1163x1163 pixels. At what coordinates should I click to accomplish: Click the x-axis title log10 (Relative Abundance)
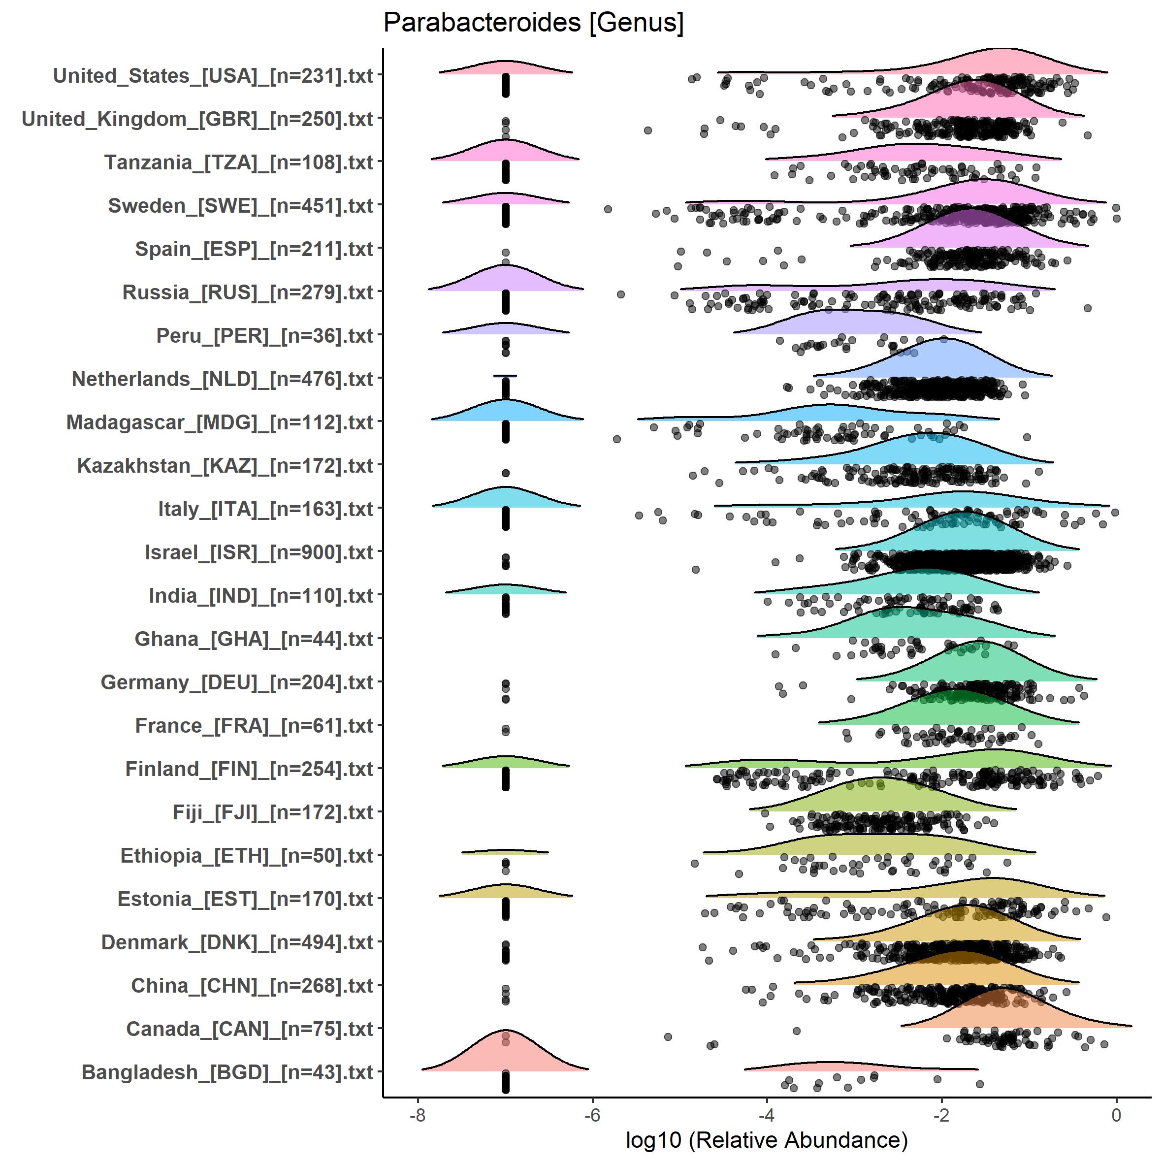[766, 1139]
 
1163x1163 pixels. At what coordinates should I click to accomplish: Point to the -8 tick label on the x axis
[417, 1115]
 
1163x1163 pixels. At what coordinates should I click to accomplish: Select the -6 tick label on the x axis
[592, 1115]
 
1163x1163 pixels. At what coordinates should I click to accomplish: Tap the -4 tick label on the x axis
[766, 1115]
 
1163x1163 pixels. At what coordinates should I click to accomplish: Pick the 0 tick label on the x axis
[1116, 1115]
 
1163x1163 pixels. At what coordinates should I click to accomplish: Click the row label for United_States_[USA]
[213, 76]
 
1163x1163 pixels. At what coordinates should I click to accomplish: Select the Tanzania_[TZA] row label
[238, 162]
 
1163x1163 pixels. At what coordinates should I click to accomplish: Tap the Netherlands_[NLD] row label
[222, 379]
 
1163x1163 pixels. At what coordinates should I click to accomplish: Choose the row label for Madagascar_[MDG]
[220, 422]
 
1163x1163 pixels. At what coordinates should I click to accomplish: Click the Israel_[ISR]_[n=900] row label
[259, 552]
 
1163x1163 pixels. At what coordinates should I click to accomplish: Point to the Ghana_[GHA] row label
[254, 639]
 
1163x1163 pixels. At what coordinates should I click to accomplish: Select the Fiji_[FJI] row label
[273, 812]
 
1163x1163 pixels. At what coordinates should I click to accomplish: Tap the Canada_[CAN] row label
[249, 1030]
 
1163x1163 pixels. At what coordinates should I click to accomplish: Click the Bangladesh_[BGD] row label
[227, 1073]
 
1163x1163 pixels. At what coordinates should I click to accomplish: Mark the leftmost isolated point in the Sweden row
[608, 209]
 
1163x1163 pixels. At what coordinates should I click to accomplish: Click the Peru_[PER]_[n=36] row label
[265, 336]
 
